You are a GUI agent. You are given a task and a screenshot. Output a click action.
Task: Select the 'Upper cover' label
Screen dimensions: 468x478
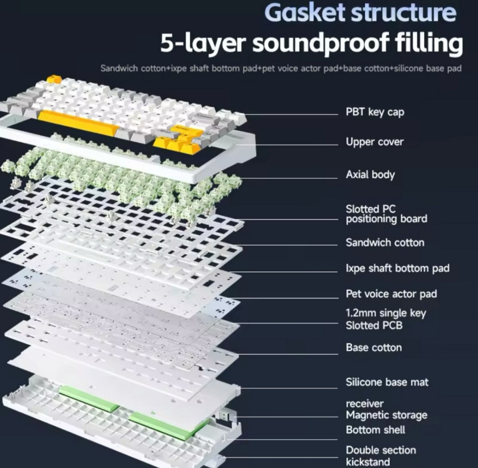click(x=375, y=142)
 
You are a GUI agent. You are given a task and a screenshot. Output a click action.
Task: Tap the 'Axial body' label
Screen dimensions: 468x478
click(x=370, y=174)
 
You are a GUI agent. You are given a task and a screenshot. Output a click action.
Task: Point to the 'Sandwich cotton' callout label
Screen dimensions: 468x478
click(x=385, y=243)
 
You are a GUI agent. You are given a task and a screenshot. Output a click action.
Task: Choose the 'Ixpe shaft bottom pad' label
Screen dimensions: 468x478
click(x=398, y=268)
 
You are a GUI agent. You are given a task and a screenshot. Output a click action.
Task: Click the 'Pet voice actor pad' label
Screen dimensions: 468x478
click(x=391, y=294)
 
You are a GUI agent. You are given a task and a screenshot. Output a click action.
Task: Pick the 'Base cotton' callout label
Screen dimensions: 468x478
click(x=374, y=348)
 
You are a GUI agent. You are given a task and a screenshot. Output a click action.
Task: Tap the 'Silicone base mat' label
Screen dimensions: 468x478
click(x=387, y=382)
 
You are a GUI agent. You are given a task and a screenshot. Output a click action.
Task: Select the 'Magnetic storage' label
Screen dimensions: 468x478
click(x=386, y=415)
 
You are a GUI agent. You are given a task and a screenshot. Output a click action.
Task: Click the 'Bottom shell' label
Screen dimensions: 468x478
click(x=376, y=430)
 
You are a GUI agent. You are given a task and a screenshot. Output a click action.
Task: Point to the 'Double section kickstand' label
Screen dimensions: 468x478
click(x=381, y=456)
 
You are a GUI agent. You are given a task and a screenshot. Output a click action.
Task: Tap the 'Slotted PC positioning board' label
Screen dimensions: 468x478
click(x=386, y=214)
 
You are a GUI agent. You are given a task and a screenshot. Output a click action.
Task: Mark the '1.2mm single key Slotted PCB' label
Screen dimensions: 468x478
click(x=386, y=319)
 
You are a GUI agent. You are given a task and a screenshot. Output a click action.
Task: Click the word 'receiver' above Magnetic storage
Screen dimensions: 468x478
click(x=365, y=404)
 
